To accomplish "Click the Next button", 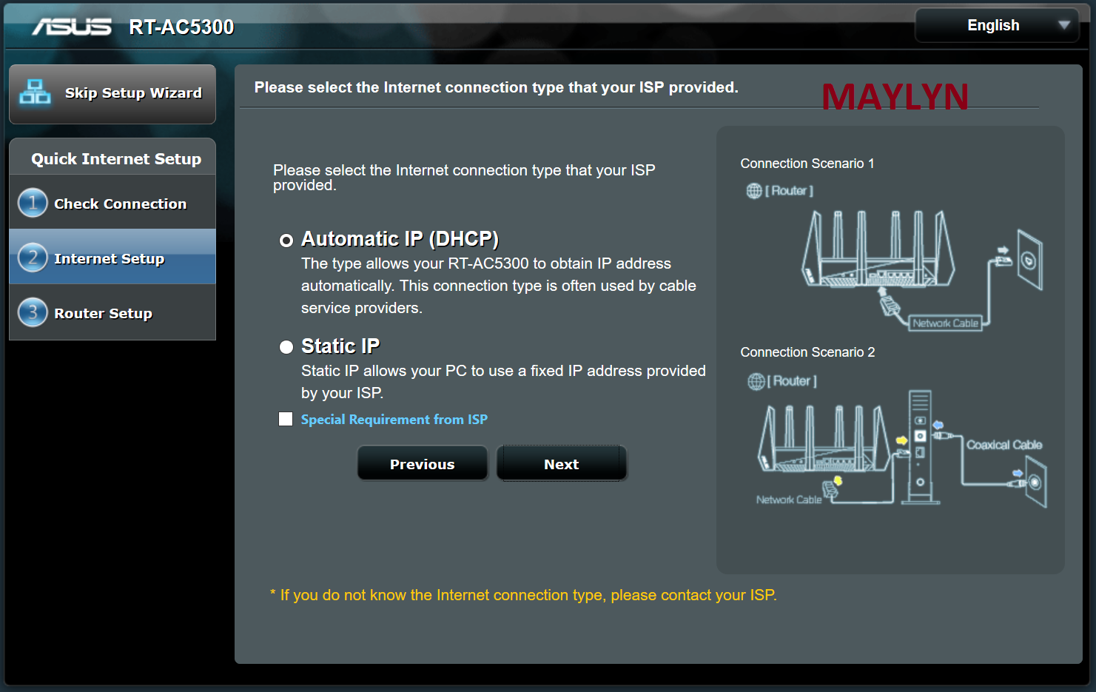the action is pyautogui.click(x=561, y=463).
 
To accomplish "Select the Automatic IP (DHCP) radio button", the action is pyautogui.click(x=286, y=241).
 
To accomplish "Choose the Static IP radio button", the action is pyautogui.click(x=286, y=347).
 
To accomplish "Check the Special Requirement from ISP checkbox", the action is pyautogui.click(x=286, y=419).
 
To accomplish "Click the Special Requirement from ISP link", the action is pyautogui.click(x=394, y=420).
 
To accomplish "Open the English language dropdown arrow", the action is pyautogui.click(x=1063, y=25).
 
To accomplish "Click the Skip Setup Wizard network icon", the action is pyautogui.click(x=34, y=92).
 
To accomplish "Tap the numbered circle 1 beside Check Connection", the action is pyautogui.click(x=33, y=203).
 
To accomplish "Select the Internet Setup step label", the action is pyautogui.click(x=109, y=258).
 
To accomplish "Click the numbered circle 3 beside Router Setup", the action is pyautogui.click(x=33, y=312).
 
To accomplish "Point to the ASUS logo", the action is pyautogui.click(x=72, y=27).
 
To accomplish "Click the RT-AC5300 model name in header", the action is pyautogui.click(x=181, y=27).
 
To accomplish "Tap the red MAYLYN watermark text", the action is pyautogui.click(x=895, y=96).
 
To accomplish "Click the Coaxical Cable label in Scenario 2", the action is pyautogui.click(x=1004, y=444).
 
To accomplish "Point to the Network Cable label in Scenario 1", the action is pyautogui.click(x=945, y=323).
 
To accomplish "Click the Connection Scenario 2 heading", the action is pyautogui.click(x=807, y=352).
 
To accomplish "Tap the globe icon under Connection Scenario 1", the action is pyautogui.click(x=754, y=190).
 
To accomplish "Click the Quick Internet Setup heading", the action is pyautogui.click(x=116, y=158).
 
